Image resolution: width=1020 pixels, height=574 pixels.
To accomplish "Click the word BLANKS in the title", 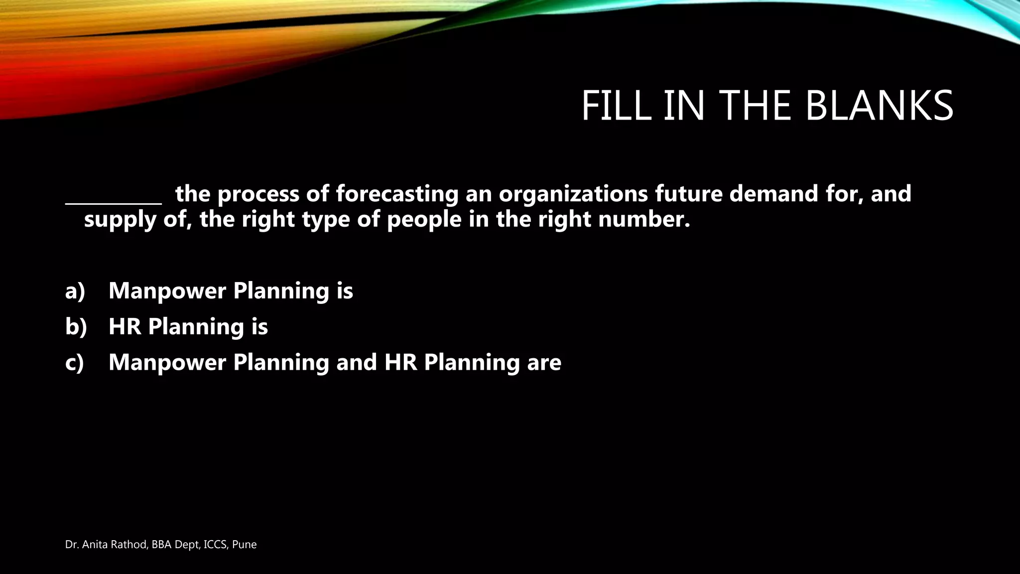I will point(879,106).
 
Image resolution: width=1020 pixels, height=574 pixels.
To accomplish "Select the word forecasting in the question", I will point(397,194).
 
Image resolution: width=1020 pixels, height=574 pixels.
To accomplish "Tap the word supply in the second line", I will point(120,220).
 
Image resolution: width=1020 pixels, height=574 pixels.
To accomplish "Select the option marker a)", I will point(75,291).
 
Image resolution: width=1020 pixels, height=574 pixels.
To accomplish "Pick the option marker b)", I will point(76,327).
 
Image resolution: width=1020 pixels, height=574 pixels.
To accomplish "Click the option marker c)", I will point(75,363).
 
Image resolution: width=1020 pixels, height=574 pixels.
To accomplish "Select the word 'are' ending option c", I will point(544,363).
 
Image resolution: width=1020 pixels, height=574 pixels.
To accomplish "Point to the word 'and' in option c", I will point(356,362).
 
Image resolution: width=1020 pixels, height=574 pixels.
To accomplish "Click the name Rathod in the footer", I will point(132,545).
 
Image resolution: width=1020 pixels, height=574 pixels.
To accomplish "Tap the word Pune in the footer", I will point(245,545).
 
